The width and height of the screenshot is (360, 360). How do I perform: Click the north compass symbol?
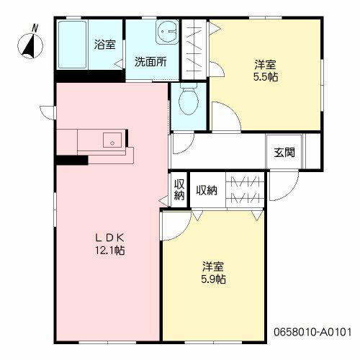(x=30, y=45)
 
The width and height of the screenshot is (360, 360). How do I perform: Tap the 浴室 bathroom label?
(x=105, y=45)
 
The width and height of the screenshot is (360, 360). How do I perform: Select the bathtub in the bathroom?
(x=72, y=45)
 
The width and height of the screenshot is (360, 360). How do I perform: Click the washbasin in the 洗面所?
(x=168, y=32)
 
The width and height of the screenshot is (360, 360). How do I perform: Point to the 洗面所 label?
(x=150, y=62)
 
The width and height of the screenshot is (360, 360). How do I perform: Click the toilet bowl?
(x=189, y=100)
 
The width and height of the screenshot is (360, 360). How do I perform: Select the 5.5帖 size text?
(x=266, y=77)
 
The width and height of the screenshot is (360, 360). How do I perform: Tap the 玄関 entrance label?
(x=284, y=152)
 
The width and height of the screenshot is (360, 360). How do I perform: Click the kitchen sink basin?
(x=112, y=140)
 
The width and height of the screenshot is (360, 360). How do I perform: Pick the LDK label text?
(x=110, y=238)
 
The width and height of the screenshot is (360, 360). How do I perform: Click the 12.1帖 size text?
(x=110, y=251)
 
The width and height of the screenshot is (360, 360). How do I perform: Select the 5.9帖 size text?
(x=213, y=279)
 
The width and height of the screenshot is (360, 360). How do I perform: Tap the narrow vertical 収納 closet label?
(x=179, y=189)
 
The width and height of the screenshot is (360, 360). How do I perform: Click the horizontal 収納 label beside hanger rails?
(x=207, y=190)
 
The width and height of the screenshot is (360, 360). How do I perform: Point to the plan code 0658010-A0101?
(x=312, y=332)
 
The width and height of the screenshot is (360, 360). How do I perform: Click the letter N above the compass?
(x=35, y=28)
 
